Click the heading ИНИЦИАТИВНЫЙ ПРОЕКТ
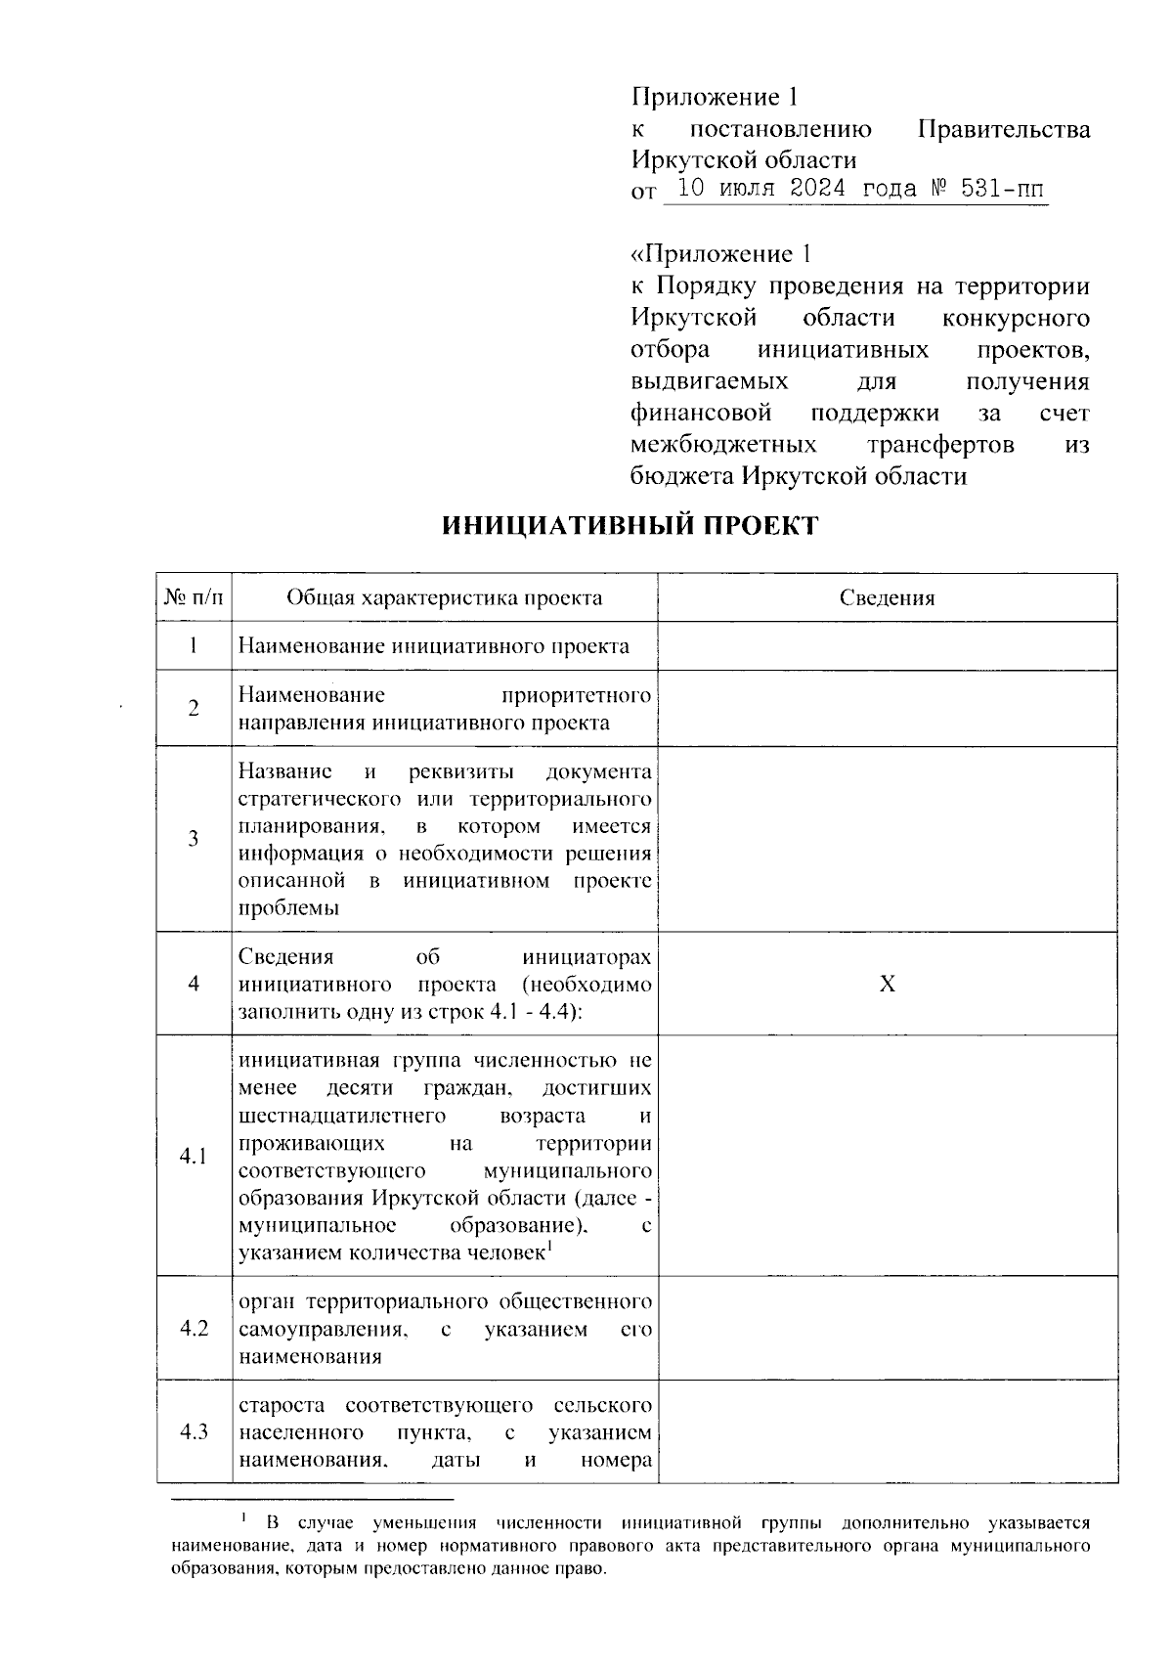point(630,526)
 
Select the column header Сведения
point(887,598)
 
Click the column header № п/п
point(194,598)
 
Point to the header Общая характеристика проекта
point(444,598)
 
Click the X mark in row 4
point(887,984)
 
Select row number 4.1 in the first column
point(194,1157)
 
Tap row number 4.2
point(194,1329)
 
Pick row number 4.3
point(194,1432)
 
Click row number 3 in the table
point(194,839)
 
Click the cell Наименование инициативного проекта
point(434,646)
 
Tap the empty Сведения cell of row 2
point(887,709)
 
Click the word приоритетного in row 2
point(575,695)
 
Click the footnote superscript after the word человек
point(550,1246)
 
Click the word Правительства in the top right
point(1005,129)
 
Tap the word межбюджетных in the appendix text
point(724,445)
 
